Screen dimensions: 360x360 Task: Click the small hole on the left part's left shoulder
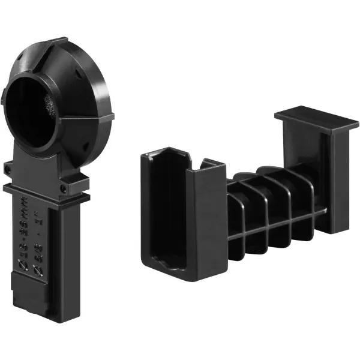click(x=8, y=166)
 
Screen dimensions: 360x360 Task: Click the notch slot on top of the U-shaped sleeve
click(x=193, y=164)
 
